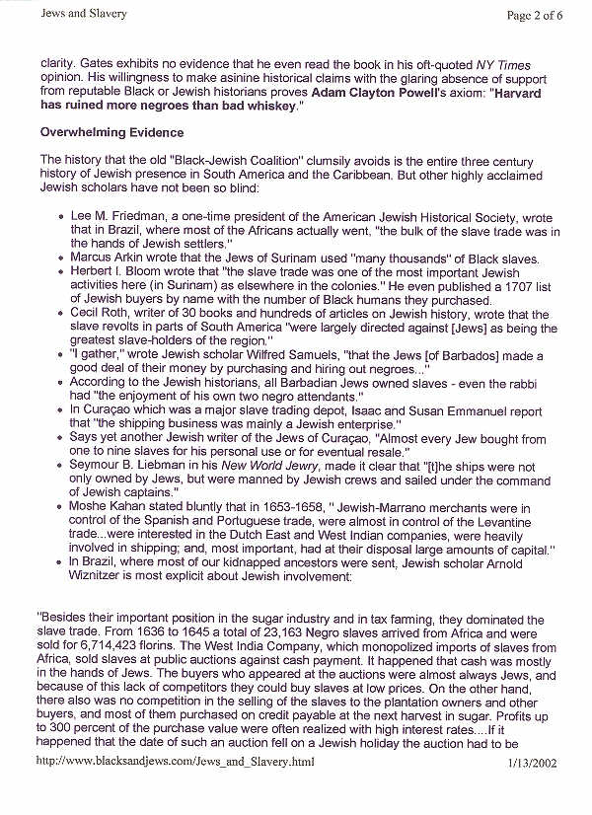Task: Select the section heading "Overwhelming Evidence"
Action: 111,132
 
